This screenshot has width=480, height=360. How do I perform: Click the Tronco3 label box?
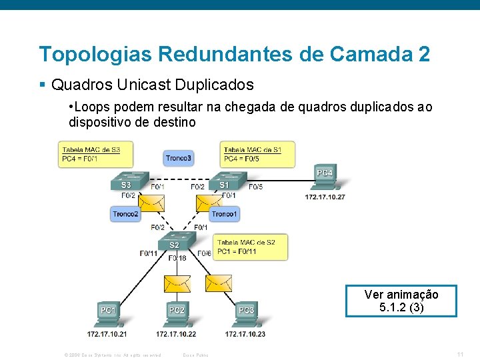[179, 158]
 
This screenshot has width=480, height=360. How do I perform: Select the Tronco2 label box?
[125, 213]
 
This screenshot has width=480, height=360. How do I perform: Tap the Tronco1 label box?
[224, 213]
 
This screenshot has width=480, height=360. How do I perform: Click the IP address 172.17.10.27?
[325, 197]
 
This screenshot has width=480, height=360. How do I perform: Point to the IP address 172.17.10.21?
[107, 333]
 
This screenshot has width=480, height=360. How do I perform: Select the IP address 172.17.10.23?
[245, 333]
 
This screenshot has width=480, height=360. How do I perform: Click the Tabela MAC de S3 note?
[95, 154]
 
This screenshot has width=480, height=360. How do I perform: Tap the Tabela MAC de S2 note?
[251, 247]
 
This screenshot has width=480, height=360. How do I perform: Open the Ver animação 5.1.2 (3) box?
[401, 301]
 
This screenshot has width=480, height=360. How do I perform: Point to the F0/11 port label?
[149, 253]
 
